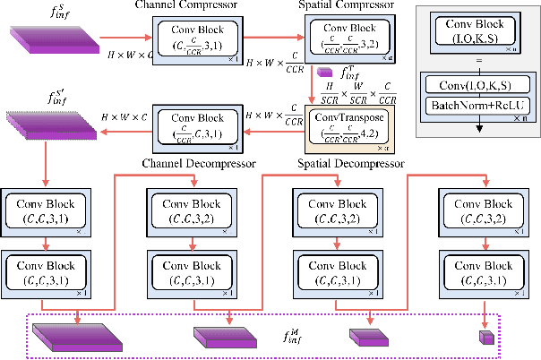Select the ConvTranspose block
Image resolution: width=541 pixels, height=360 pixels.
[344, 125]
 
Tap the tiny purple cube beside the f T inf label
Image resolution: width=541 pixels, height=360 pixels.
[324, 72]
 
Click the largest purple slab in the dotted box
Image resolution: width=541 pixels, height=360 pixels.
[75, 336]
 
